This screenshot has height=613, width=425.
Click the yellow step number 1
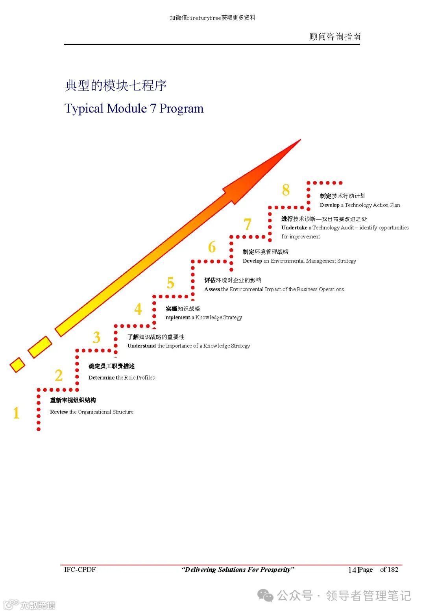tap(16, 413)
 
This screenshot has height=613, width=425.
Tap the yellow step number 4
tap(138, 309)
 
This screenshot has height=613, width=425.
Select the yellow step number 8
tap(286, 190)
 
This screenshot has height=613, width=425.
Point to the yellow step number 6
tap(212, 247)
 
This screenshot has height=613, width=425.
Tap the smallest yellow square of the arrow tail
tap(17, 365)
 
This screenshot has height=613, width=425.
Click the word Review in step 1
tap(59, 412)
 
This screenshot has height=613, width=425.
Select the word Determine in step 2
tap(101, 378)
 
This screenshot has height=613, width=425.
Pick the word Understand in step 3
tap(141, 346)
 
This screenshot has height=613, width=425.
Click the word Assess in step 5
tap(212, 289)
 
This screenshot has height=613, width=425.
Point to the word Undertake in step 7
tap(294, 227)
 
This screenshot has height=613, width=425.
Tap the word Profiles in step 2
tap(146, 378)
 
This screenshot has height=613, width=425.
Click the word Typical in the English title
tap(84, 109)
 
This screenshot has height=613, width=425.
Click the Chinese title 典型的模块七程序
tap(116, 85)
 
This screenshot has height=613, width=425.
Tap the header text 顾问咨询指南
tap(334, 37)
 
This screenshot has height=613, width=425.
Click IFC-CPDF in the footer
tap(80, 569)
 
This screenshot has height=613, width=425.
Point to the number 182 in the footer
tap(393, 569)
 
